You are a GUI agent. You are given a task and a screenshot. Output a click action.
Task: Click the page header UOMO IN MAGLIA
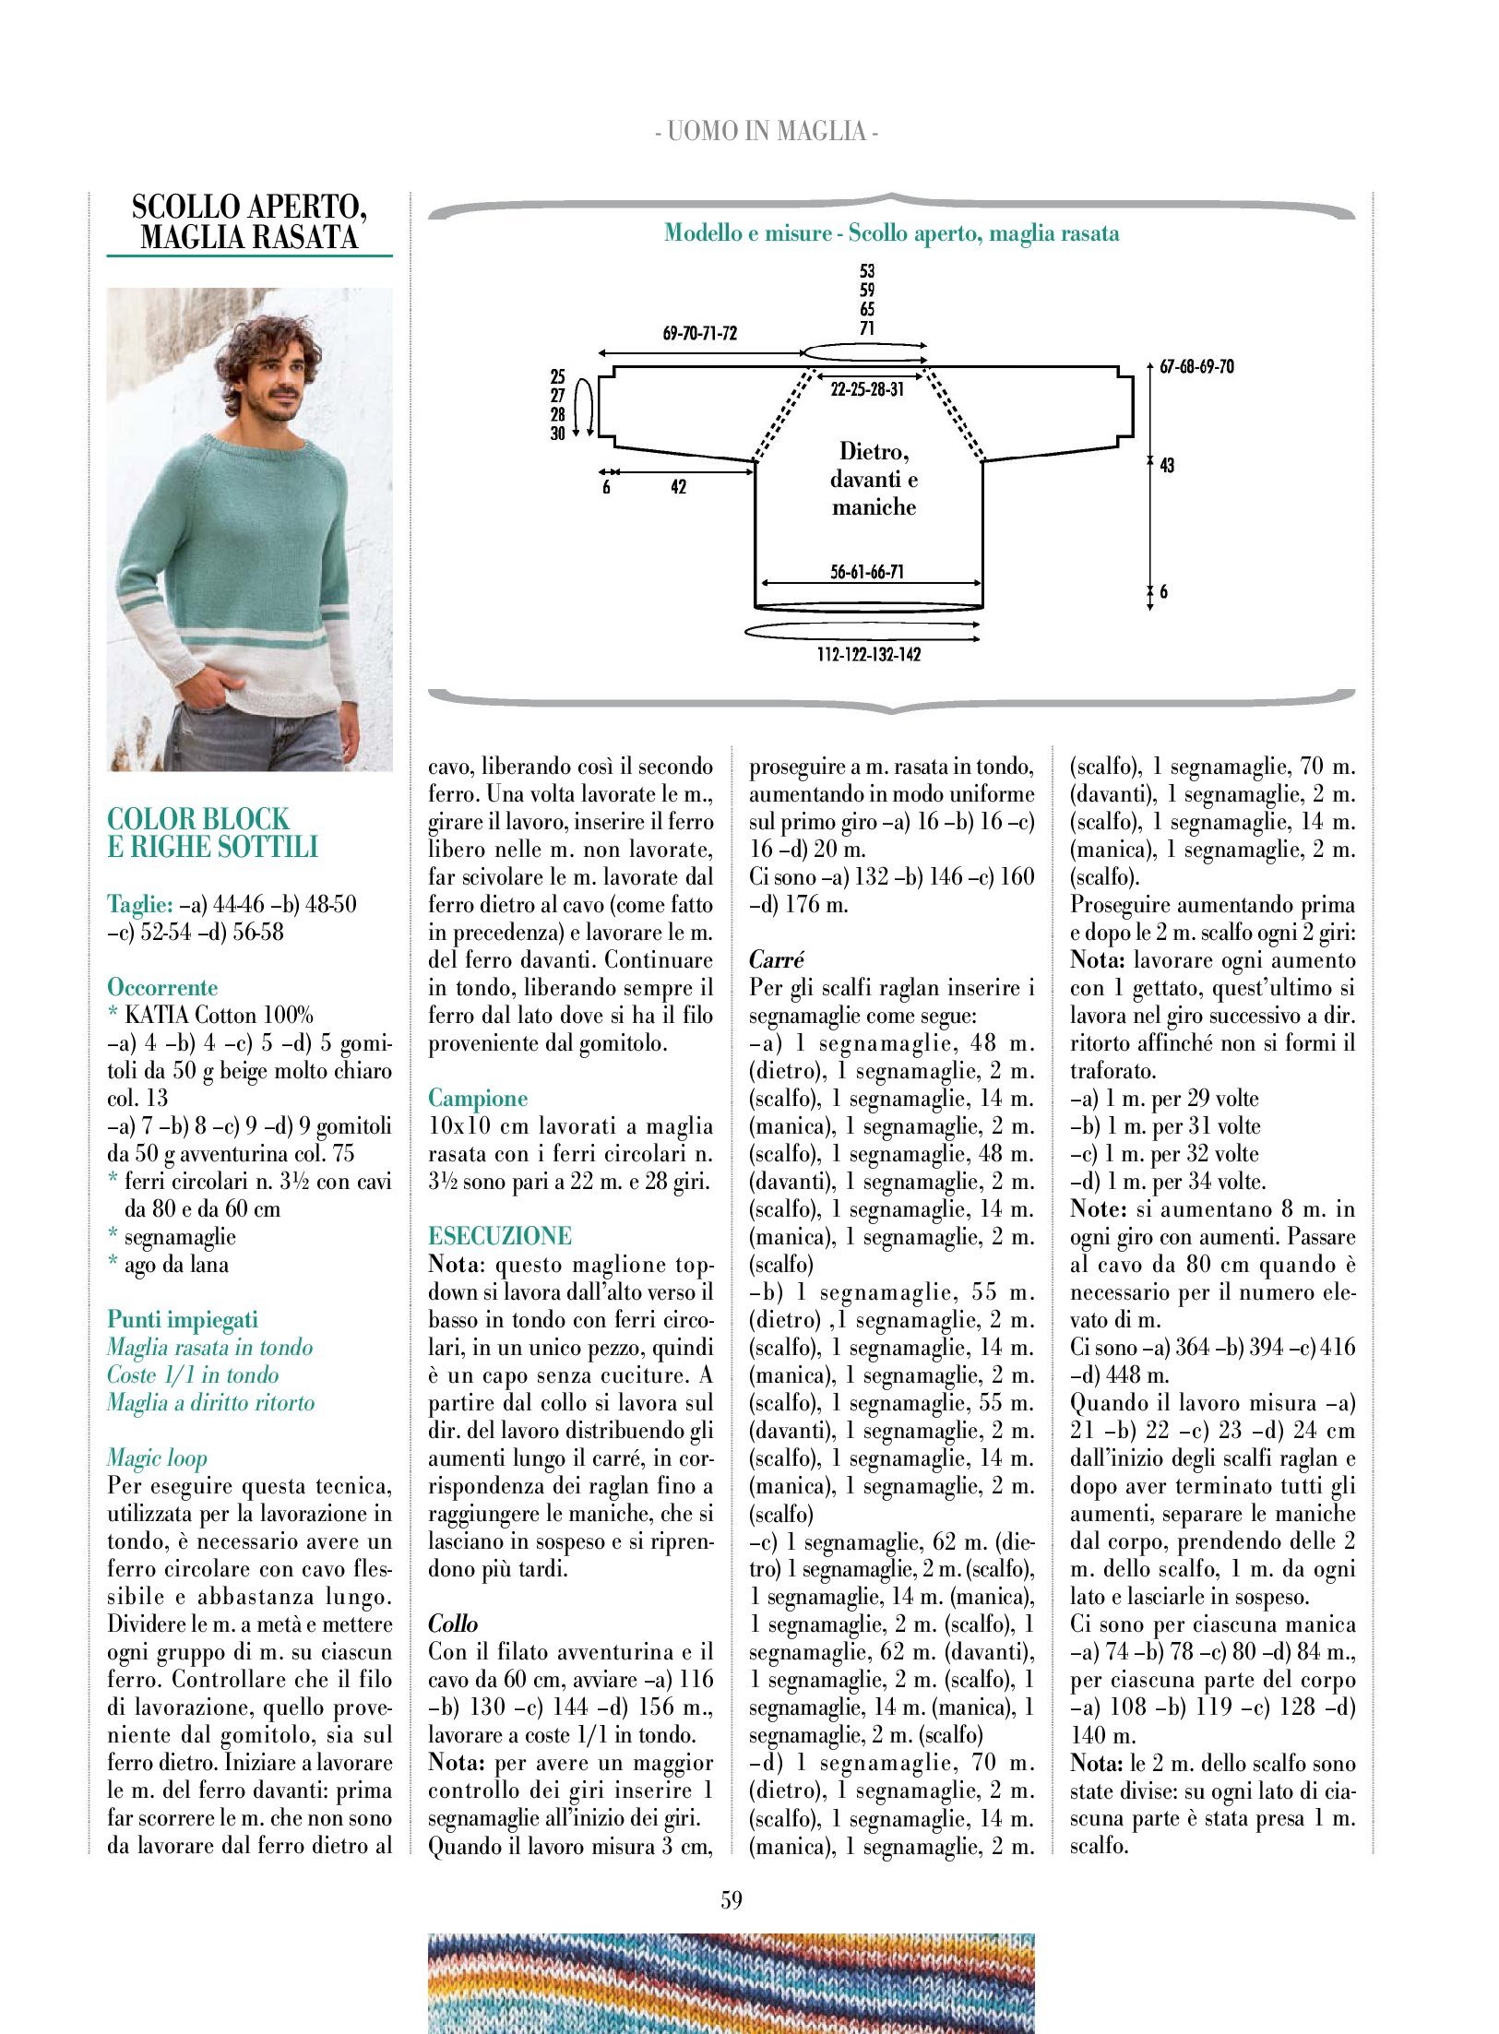[766, 132]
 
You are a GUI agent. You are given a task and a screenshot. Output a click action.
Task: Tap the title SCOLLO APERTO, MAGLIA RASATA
[249, 221]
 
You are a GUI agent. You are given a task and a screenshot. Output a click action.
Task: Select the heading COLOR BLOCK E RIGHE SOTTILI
[212, 833]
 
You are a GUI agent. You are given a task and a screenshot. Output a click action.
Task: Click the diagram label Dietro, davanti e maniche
[874, 479]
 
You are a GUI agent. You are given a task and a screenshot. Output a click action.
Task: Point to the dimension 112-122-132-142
[868, 654]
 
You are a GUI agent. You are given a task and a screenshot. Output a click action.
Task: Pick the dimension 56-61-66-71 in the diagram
[867, 572]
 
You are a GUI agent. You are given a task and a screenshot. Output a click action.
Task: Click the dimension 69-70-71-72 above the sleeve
[700, 333]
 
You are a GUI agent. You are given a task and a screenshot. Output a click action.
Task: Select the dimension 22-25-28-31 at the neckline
[867, 389]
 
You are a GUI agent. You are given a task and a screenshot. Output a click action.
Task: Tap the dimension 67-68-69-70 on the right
[1196, 367]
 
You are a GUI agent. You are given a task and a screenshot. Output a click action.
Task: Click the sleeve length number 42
[679, 487]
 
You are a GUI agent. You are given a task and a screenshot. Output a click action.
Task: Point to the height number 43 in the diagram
[1167, 465]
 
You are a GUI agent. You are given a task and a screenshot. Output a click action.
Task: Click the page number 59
[732, 1899]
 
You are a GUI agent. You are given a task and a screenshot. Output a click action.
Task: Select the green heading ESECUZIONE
[500, 1236]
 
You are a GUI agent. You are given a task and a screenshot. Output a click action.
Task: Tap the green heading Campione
[478, 1098]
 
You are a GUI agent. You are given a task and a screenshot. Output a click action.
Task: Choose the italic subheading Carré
[777, 959]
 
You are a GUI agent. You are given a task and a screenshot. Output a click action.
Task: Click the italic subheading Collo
[453, 1624]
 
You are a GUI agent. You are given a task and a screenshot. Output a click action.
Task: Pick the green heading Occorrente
[162, 987]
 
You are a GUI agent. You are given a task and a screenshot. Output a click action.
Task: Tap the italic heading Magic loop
[157, 1457]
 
